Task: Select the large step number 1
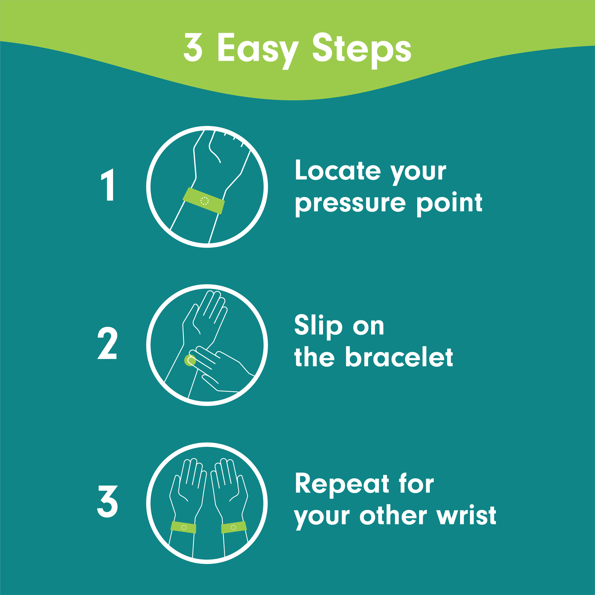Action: pyautogui.click(x=108, y=185)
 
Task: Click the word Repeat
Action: pyautogui.click(x=342, y=484)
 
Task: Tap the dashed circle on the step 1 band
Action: pyautogui.click(x=205, y=201)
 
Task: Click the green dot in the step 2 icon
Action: pyautogui.click(x=189, y=361)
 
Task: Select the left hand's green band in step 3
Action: pyautogui.click(x=183, y=527)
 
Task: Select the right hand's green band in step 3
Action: pyautogui.click(x=234, y=527)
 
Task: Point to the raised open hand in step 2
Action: pyautogui.click(x=205, y=317)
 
